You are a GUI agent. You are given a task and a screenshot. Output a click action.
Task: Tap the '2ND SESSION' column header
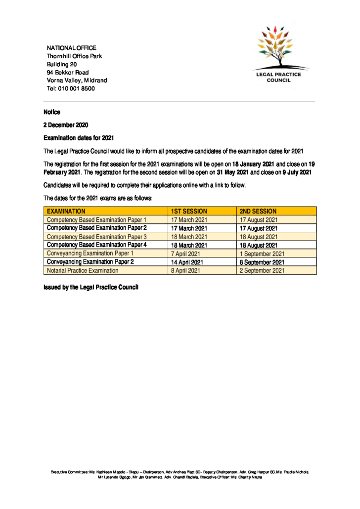click(258, 211)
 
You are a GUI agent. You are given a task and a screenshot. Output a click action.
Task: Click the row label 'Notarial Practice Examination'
click(83, 270)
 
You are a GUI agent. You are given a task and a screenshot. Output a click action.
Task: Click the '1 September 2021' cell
click(262, 254)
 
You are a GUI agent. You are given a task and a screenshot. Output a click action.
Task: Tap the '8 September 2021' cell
click(262, 262)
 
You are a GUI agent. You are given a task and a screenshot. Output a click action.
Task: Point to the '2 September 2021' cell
click(262, 270)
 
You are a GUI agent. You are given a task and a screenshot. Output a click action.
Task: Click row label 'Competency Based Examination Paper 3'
click(96, 237)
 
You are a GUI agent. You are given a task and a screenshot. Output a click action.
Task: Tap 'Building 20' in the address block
click(62, 64)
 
